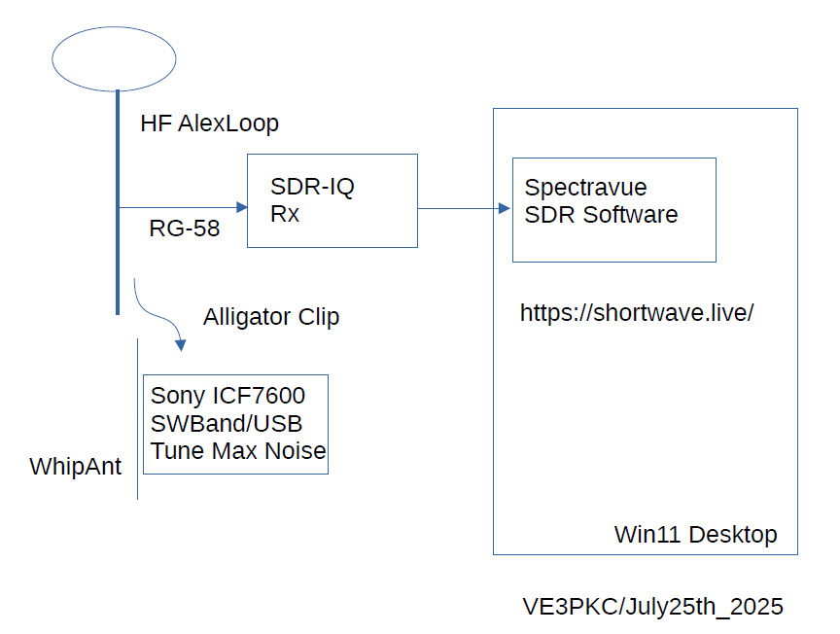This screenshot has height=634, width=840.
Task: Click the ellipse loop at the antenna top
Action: pyautogui.click(x=114, y=57)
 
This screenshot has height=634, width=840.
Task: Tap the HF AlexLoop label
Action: pyautogui.click(x=209, y=123)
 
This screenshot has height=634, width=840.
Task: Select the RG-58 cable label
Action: pyautogui.click(x=185, y=229)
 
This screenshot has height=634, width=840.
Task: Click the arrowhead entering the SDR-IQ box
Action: pyautogui.click(x=240, y=207)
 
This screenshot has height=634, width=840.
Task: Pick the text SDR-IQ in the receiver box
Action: pyautogui.click(x=312, y=188)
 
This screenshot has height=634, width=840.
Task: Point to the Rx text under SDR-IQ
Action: pyautogui.click(x=285, y=214)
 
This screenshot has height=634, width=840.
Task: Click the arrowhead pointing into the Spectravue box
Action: pyautogui.click(x=505, y=208)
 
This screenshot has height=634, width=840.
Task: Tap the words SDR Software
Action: pyautogui.click(x=601, y=215)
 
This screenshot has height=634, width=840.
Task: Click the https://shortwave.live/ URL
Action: pyautogui.click(x=637, y=313)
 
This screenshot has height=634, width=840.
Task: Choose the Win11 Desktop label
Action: pyautogui.click(x=695, y=535)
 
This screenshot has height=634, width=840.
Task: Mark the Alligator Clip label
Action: pyautogui.click(x=271, y=317)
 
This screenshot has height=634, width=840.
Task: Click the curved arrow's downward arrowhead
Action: pyautogui.click(x=180, y=343)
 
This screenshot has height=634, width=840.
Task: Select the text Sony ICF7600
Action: pyautogui.click(x=227, y=397)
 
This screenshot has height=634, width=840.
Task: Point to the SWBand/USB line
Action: pyautogui.click(x=227, y=424)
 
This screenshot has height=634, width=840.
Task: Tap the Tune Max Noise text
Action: pyautogui.click(x=238, y=451)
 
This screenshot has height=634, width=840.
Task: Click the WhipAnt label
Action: pyautogui.click(x=76, y=467)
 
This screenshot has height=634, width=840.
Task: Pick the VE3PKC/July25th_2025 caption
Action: pyautogui.click(x=652, y=608)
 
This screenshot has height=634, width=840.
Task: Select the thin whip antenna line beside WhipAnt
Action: pyautogui.click(x=137, y=418)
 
